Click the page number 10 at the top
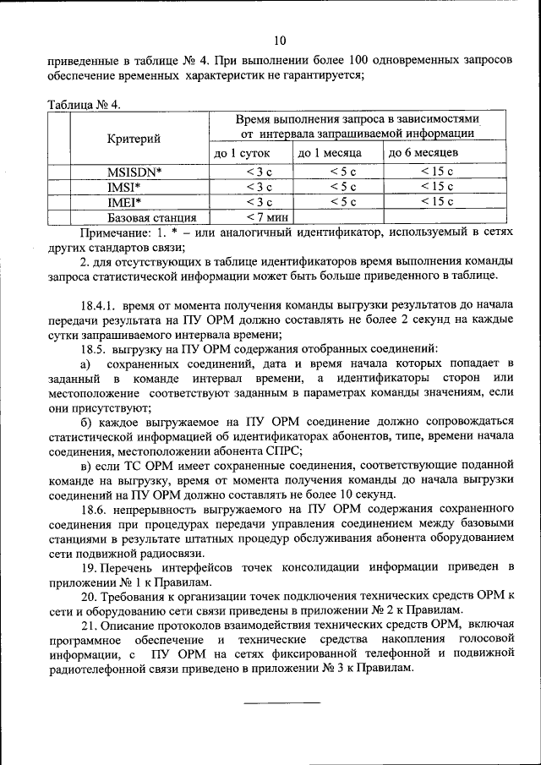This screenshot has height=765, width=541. (x=280, y=40)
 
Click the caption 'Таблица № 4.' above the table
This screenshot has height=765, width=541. (x=85, y=106)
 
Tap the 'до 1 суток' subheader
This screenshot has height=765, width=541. (x=241, y=153)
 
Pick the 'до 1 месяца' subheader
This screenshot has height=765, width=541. (x=329, y=153)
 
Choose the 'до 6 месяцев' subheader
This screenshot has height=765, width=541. (x=424, y=153)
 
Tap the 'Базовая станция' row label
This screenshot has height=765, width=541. (x=139, y=217)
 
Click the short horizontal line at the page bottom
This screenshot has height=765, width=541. (x=282, y=702)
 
